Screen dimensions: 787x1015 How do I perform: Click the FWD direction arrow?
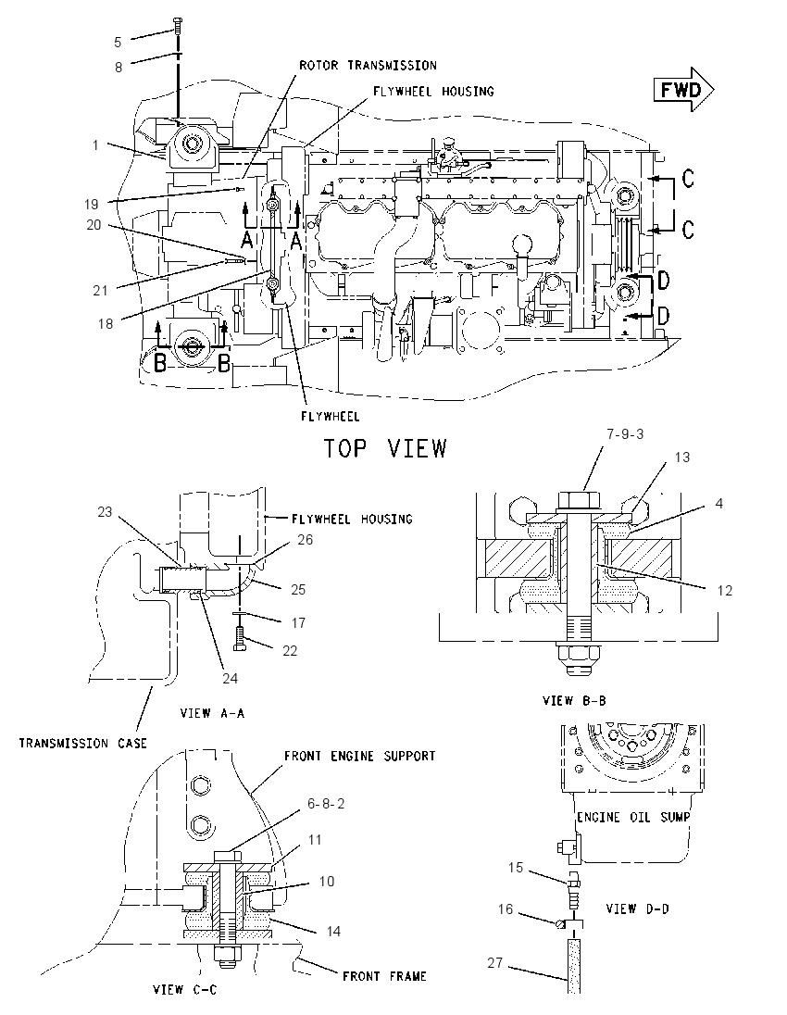(x=683, y=89)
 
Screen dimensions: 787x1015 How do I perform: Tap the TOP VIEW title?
(x=385, y=448)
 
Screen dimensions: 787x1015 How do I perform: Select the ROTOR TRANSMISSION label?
(x=368, y=66)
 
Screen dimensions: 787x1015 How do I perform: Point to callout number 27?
(x=495, y=962)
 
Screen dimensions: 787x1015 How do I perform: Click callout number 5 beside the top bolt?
(x=118, y=43)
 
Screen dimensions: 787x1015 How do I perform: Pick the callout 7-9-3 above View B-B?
(x=625, y=433)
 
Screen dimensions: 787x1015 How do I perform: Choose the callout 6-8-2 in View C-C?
(x=326, y=803)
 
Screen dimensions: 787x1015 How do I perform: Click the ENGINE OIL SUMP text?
(x=633, y=818)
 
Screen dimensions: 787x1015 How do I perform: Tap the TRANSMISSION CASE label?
(x=82, y=743)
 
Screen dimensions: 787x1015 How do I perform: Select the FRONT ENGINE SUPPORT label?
(x=360, y=756)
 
